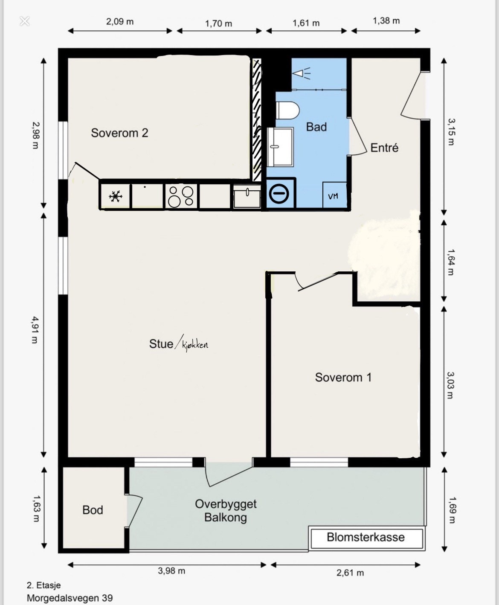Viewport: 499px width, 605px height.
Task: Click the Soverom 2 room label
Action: coord(119,133)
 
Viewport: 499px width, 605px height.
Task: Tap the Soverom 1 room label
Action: coord(343,377)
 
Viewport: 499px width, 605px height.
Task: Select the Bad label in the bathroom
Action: coord(316,127)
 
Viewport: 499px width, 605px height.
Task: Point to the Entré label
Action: coord(384,148)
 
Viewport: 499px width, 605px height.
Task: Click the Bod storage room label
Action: coord(93,510)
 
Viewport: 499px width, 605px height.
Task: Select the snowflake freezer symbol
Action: coord(115,197)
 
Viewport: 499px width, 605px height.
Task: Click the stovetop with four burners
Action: coord(181,196)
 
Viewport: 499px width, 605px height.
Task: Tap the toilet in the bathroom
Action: coord(287,111)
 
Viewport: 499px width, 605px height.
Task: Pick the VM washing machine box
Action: coord(334,195)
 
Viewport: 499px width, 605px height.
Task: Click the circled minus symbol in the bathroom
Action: coord(279,194)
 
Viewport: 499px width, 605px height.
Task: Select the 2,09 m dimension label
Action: coord(120,22)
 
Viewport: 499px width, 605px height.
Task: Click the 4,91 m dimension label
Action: coord(35,330)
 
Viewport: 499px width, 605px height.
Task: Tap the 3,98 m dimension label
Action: coord(171,571)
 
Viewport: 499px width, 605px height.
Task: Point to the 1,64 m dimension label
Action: coord(451,262)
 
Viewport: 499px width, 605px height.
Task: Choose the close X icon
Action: coord(25,21)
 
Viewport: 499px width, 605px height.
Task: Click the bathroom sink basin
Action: coord(280,147)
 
